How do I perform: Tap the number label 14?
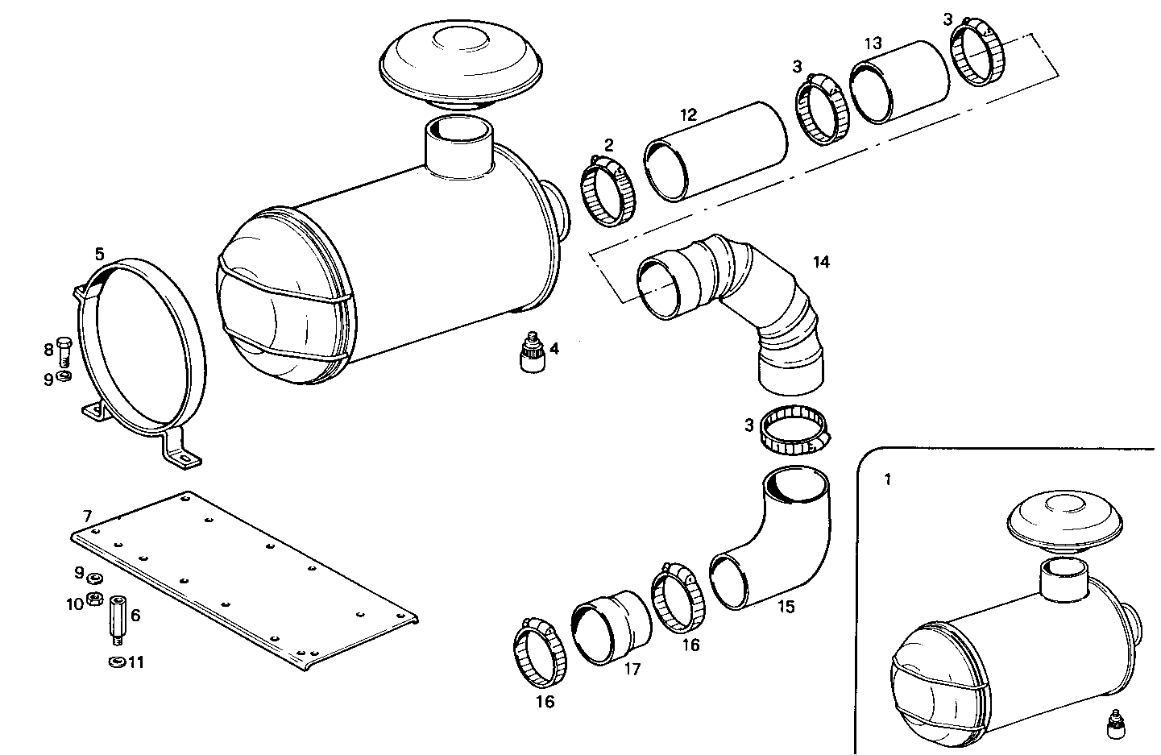coord(821,262)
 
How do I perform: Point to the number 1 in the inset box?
coord(887,479)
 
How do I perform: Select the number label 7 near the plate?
coord(86,515)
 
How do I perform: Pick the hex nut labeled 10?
coord(93,599)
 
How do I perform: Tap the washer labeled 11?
coord(115,662)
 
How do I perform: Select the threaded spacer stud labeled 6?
coord(117,619)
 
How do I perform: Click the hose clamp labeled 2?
coord(608,193)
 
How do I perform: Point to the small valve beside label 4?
coord(529,352)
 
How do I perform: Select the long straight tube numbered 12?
coord(715,151)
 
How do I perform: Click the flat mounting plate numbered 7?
coord(242,576)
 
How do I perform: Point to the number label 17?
coord(632,669)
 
